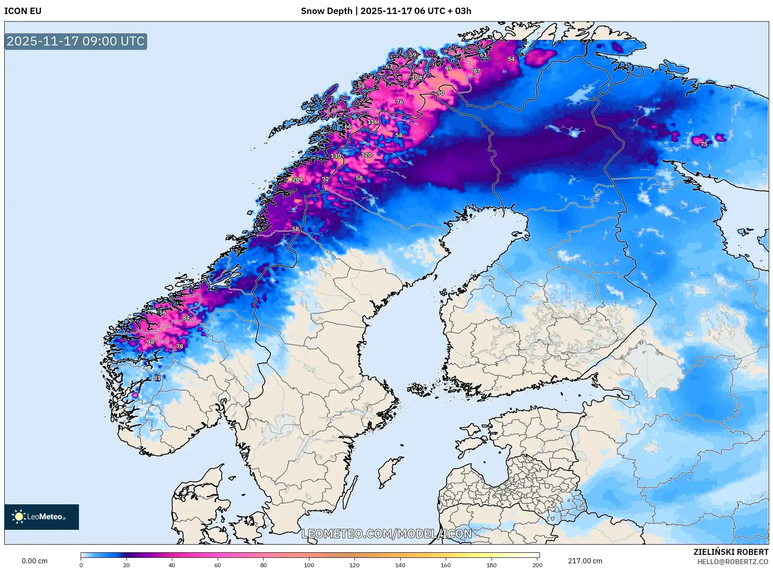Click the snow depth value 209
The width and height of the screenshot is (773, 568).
pyautogui.click(x=297, y=180)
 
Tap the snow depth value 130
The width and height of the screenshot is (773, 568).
pyautogui.click(x=336, y=156)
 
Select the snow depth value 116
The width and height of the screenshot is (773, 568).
pyautogui.click(x=372, y=122)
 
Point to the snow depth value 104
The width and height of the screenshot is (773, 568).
pyautogui.click(x=417, y=78)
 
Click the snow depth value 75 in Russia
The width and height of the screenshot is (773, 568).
pyautogui.click(x=704, y=144)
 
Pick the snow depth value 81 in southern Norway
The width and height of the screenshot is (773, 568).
pyautogui.click(x=157, y=378)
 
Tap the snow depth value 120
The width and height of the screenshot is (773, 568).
pyautogui.click(x=366, y=155)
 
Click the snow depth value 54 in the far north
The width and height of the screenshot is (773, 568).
pyautogui.click(x=511, y=59)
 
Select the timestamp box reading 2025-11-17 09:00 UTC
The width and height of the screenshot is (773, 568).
pyautogui.click(x=76, y=41)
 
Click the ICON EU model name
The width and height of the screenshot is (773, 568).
pyautogui.click(x=23, y=11)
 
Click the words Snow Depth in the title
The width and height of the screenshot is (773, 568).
pyautogui.click(x=326, y=11)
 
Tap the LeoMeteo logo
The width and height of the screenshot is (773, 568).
pyautogui.click(x=41, y=517)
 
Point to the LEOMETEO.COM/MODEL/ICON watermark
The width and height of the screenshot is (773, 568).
pyautogui.click(x=386, y=534)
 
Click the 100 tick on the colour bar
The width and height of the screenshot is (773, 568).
pyautogui.click(x=309, y=565)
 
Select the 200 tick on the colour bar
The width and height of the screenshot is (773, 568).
pyautogui.click(x=537, y=565)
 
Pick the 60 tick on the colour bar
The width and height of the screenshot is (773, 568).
pyautogui.click(x=217, y=565)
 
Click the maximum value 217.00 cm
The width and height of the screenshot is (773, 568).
pyautogui.click(x=585, y=561)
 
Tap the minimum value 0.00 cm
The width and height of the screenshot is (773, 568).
pyautogui.click(x=34, y=561)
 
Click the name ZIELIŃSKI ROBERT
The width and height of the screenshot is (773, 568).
pyautogui.click(x=731, y=552)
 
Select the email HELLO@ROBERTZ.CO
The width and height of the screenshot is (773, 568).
pyautogui.click(x=732, y=562)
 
